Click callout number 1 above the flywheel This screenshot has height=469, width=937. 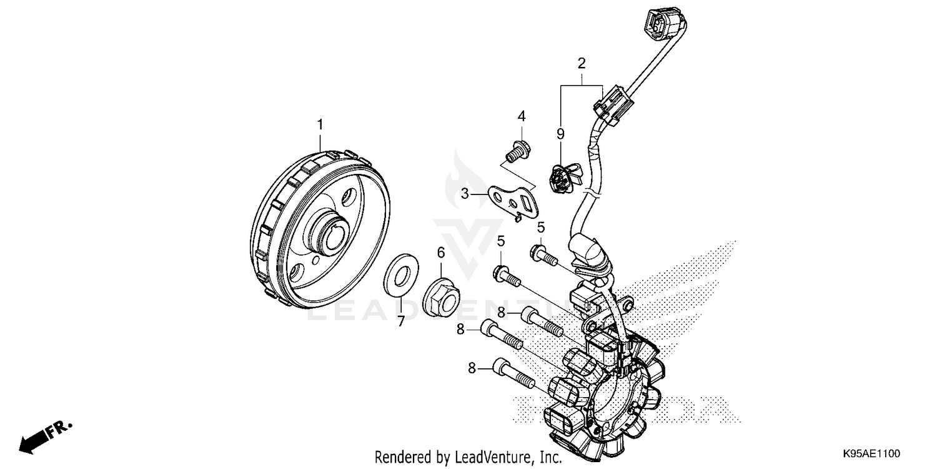(320, 125)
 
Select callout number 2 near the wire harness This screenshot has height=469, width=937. (582, 63)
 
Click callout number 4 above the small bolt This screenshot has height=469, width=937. (521, 116)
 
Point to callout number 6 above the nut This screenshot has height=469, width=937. (441, 253)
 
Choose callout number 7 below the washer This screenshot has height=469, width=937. (401, 321)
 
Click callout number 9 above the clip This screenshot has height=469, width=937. (560, 134)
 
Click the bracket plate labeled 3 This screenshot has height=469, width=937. (516, 198)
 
